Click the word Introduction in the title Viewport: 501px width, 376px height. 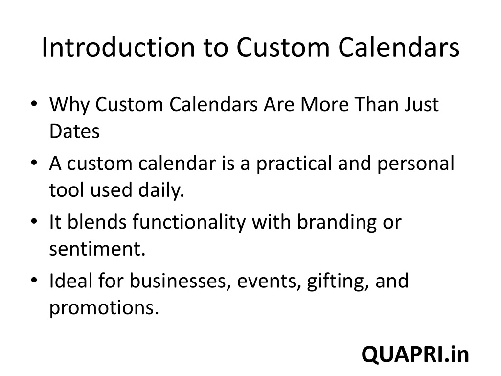coord(118,47)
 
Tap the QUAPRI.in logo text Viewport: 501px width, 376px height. coord(415,354)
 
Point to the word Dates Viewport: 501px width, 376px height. coord(74,131)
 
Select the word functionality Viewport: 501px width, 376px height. coord(189,223)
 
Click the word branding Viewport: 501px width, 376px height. coord(337,223)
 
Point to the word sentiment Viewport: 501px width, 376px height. coord(97,249)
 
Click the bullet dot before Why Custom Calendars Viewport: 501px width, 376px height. coord(34,104)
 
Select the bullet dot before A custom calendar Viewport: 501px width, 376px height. coord(34,163)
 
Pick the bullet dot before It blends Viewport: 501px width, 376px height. coord(34,221)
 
